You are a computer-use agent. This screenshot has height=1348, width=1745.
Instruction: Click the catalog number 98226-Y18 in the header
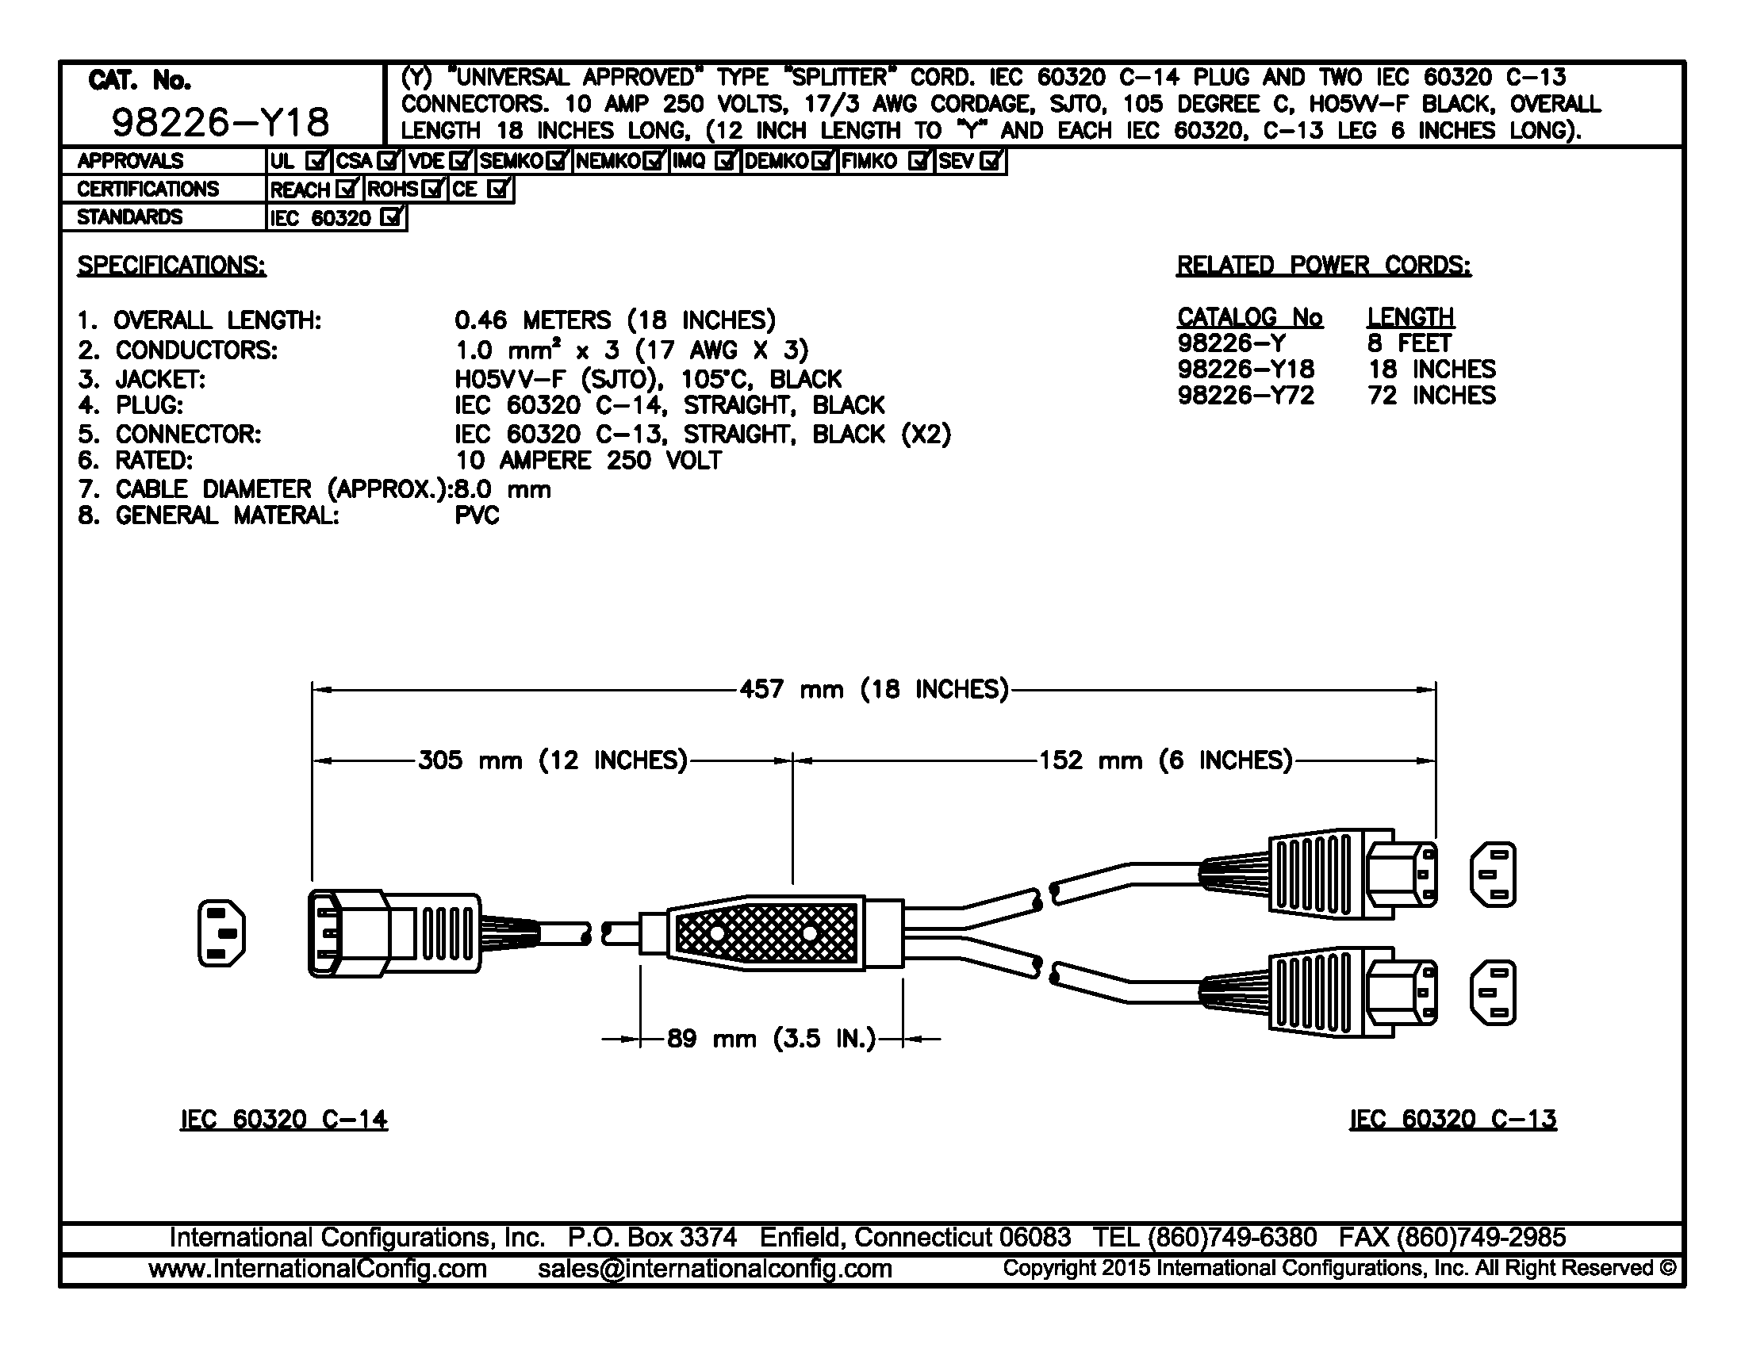pyautogui.click(x=220, y=122)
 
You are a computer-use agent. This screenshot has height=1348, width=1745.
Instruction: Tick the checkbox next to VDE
pyautogui.click(x=460, y=161)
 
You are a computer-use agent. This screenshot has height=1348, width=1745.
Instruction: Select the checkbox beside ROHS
pyautogui.click(x=433, y=190)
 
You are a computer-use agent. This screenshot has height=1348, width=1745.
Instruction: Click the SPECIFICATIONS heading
pyautogui.click(x=171, y=265)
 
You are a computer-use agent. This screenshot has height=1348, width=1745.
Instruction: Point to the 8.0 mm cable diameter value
pyautogui.click(x=503, y=488)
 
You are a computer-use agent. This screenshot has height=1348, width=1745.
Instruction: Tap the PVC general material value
pyautogui.click(x=477, y=515)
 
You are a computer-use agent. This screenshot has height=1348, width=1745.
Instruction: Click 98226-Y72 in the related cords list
pyautogui.click(x=1245, y=396)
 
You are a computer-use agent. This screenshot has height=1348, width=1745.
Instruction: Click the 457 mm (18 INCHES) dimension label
pyautogui.click(x=874, y=689)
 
